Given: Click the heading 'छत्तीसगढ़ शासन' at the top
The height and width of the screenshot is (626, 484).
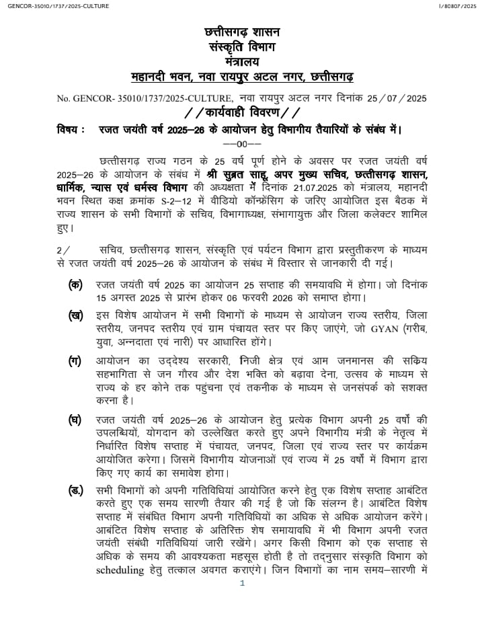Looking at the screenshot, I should point(242,33).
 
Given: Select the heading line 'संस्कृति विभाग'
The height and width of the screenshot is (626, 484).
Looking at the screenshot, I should point(242,46).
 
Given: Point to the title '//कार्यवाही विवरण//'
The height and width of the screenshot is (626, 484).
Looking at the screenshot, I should point(242,112).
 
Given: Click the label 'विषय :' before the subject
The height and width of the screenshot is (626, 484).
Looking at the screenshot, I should point(71,129).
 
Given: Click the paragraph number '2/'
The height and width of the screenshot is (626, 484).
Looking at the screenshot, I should point(64,249).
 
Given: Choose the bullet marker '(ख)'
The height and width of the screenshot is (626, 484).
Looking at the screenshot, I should point(76,315).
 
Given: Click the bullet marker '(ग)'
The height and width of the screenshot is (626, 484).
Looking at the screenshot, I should point(76,360).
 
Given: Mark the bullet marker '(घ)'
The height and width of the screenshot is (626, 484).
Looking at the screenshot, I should point(76,420).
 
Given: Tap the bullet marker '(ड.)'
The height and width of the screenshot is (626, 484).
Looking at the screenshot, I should point(77,492).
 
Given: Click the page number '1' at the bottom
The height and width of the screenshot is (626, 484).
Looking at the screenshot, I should point(242,584).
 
